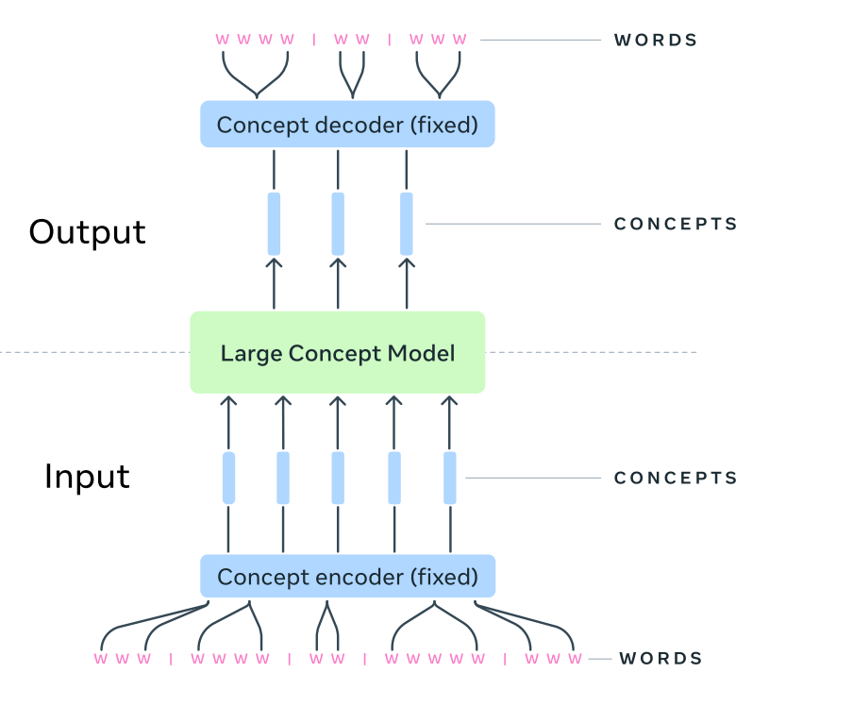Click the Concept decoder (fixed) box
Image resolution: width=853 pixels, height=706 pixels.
347,124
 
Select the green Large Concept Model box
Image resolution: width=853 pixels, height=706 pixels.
338,353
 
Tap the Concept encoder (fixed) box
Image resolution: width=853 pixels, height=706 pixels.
347,576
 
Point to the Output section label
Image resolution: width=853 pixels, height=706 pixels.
87,232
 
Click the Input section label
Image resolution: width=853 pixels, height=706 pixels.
87,477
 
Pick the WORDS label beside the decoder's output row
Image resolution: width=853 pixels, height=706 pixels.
656,41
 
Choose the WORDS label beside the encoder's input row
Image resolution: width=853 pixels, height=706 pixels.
661,659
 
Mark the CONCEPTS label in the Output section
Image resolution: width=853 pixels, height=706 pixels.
676,225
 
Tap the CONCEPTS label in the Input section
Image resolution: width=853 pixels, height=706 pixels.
676,478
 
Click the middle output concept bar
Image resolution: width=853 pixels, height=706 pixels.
338,224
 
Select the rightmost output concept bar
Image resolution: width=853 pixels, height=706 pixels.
407,224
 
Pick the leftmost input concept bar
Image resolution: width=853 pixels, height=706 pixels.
228,478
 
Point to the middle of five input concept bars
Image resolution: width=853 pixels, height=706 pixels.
338,478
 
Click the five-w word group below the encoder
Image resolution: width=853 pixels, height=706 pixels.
434,659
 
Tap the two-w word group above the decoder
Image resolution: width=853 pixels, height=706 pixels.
352,40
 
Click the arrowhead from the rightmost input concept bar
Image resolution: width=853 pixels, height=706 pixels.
449,403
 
